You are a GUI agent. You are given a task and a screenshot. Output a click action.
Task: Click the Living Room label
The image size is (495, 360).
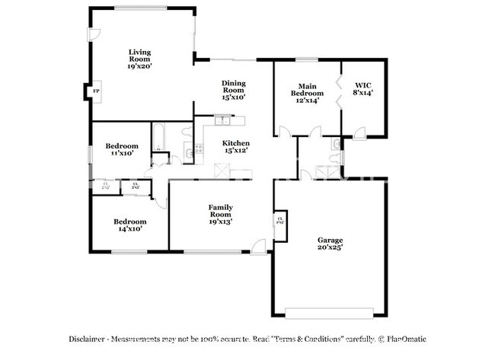(x=140, y=59)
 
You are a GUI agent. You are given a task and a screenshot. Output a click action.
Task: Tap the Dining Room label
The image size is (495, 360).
(x=233, y=90)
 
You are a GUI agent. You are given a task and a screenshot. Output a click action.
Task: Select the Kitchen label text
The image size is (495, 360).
(x=235, y=147)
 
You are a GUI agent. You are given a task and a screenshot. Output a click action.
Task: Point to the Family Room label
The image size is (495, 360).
(x=221, y=214)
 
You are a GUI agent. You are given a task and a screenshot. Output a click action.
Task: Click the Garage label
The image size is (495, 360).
(x=330, y=244)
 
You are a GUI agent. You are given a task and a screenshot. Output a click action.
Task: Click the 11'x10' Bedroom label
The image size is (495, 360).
(x=121, y=149)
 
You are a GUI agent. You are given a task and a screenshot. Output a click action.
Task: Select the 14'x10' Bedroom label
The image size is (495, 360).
(x=129, y=225)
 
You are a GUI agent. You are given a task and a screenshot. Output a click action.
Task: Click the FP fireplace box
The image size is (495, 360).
(x=96, y=92)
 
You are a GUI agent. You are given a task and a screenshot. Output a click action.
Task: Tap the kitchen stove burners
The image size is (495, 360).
(x=199, y=148)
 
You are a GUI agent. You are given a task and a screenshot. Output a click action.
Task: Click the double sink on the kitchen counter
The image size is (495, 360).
(x=223, y=120)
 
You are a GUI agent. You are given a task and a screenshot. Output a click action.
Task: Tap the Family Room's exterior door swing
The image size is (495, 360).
(x=259, y=245)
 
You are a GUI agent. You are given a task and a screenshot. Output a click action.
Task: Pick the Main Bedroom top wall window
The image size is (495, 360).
(x=307, y=59)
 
